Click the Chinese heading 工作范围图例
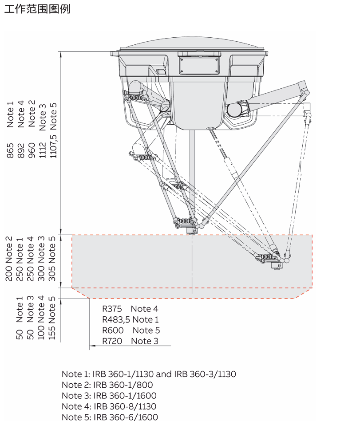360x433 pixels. (37, 9)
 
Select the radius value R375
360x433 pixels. (112, 309)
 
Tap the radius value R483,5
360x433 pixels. (116, 319)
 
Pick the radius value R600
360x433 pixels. (113, 330)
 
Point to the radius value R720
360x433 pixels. (112, 341)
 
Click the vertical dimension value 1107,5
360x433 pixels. (53, 146)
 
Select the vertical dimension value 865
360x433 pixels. (10, 150)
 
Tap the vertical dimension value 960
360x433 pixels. (32, 150)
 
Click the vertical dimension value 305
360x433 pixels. (52, 273)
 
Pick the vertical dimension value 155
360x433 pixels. (51, 332)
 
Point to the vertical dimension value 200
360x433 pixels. (9, 273)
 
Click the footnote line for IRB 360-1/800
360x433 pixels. (107, 385)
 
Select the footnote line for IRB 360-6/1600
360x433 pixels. (110, 417)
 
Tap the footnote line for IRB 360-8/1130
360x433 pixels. (109, 406)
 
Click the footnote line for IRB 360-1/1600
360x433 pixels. (109, 395)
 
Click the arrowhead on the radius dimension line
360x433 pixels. (92, 346)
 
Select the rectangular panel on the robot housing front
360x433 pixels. (199, 66)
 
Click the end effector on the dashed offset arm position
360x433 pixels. (276, 265)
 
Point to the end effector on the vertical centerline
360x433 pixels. (190, 230)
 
